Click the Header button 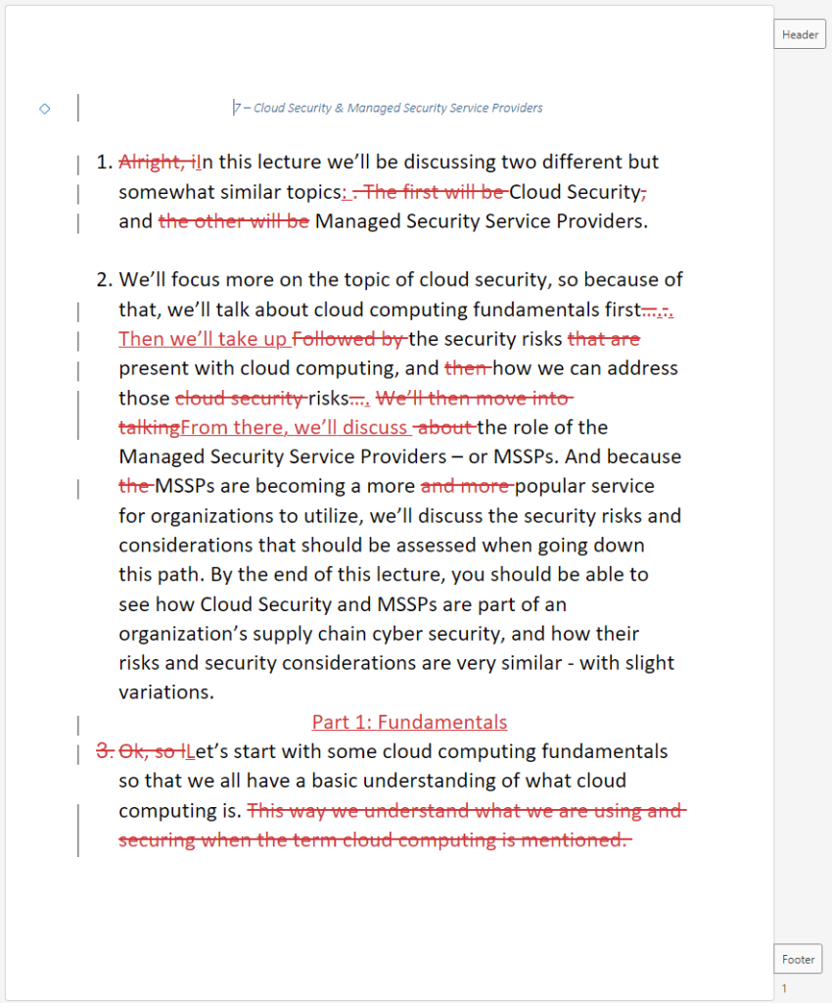click(x=800, y=34)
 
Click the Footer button click(x=798, y=959)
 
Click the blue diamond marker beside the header click(x=44, y=109)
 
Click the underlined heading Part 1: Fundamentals click(x=409, y=723)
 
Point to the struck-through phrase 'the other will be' click(x=233, y=221)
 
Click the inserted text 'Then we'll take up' click(x=204, y=340)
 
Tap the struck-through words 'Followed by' click(x=349, y=340)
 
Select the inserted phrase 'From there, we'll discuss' click(x=294, y=428)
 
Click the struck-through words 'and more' click(x=466, y=487)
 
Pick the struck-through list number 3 click(x=104, y=752)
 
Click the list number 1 click(x=105, y=163)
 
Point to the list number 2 click(x=105, y=281)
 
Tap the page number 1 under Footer click(x=784, y=988)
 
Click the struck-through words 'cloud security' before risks click(x=240, y=399)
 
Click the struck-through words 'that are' click(x=603, y=340)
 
